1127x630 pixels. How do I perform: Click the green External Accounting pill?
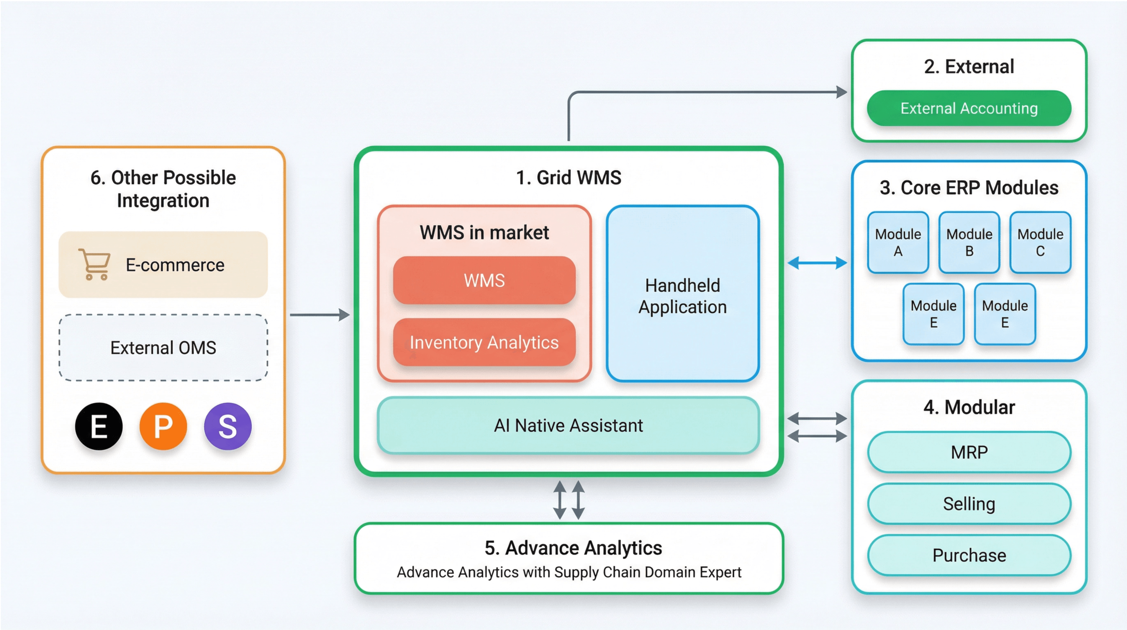[969, 108]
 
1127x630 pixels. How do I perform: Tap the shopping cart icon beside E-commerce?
[95, 264]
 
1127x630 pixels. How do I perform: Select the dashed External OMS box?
[163, 348]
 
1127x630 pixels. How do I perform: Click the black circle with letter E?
[99, 426]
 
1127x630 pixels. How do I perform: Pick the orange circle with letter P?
[163, 426]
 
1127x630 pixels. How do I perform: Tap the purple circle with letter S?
[228, 426]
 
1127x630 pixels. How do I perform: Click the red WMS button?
[484, 280]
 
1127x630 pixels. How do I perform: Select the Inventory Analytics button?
[484, 342]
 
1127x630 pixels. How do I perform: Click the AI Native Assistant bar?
[568, 425]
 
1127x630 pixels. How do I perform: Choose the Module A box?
[898, 243]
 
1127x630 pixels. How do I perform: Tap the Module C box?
[1040, 243]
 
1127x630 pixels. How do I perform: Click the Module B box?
[969, 243]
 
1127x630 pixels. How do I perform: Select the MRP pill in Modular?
[969, 452]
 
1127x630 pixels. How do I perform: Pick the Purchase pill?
[969, 555]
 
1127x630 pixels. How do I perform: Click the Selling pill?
[969, 504]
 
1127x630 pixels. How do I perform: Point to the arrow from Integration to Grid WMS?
[319, 314]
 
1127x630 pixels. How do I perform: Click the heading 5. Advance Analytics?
[573, 548]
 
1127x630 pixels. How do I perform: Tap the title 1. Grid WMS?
[568, 178]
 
